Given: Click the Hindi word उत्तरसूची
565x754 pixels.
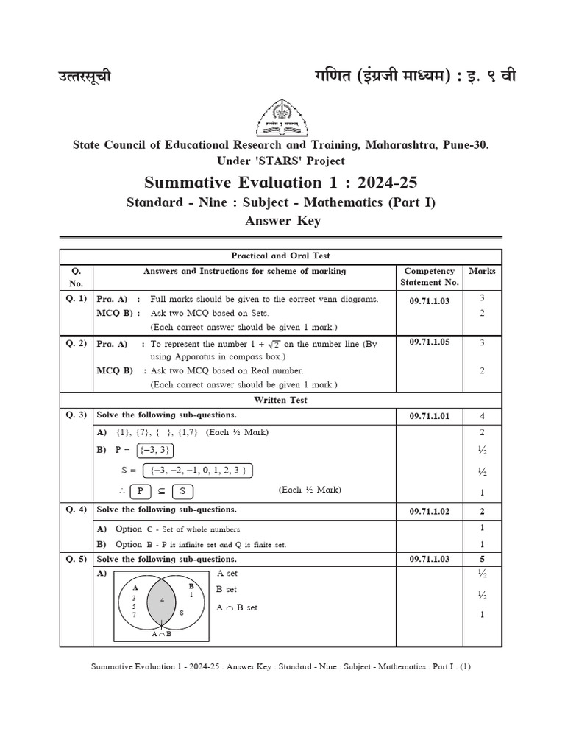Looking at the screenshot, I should tap(85, 77).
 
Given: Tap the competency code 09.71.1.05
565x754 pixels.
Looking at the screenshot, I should tap(429, 342).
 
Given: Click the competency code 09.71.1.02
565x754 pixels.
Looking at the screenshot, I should tap(429, 510).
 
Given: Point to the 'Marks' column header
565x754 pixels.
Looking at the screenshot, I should tap(482, 271).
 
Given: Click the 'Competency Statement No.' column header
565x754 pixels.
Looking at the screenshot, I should tap(429, 277).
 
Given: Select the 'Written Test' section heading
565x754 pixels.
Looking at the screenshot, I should tap(281, 400).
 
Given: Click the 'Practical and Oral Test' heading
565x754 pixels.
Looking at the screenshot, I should tap(281, 256).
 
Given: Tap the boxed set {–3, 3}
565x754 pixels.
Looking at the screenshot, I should tap(154, 451).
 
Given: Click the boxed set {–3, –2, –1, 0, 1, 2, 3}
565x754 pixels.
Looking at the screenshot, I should tap(198, 471).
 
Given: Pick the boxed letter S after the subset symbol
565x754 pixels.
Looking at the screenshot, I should tap(182, 491).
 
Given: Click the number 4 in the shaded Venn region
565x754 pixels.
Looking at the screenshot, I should tap(163, 601).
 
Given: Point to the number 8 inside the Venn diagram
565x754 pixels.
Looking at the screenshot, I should tap(182, 613).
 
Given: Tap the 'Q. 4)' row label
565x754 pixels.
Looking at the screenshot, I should tap(76, 510).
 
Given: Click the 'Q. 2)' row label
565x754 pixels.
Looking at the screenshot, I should tap(76, 343).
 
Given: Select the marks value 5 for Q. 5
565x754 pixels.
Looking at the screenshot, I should tap(482, 559).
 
